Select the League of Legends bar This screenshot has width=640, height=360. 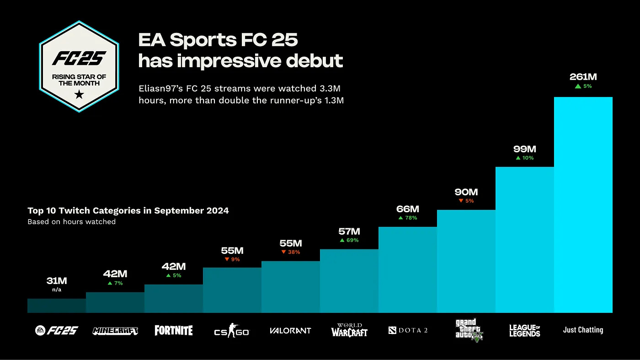click(x=524, y=240)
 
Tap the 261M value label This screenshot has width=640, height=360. click(x=583, y=77)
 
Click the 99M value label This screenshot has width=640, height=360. click(x=524, y=149)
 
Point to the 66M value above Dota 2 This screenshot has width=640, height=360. click(x=407, y=209)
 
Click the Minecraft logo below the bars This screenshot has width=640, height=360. click(x=115, y=330)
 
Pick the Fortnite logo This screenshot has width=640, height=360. click(x=174, y=330)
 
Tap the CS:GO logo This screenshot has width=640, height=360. click(x=232, y=330)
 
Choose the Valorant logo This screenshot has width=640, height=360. click(x=290, y=330)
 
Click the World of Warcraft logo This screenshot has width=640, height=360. click(x=349, y=330)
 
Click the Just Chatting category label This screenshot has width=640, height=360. click(x=583, y=330)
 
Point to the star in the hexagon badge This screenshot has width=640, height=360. click(x=79, y=95)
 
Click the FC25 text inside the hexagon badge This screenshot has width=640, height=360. click(x=79, y=58)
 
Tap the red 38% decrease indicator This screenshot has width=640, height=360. click(x=290, y=252)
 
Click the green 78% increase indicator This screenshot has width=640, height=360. click(x=407, y=218)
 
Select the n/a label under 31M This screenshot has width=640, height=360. click(x=57, y=290)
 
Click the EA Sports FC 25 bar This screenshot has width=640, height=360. click(x=57, y=306)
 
